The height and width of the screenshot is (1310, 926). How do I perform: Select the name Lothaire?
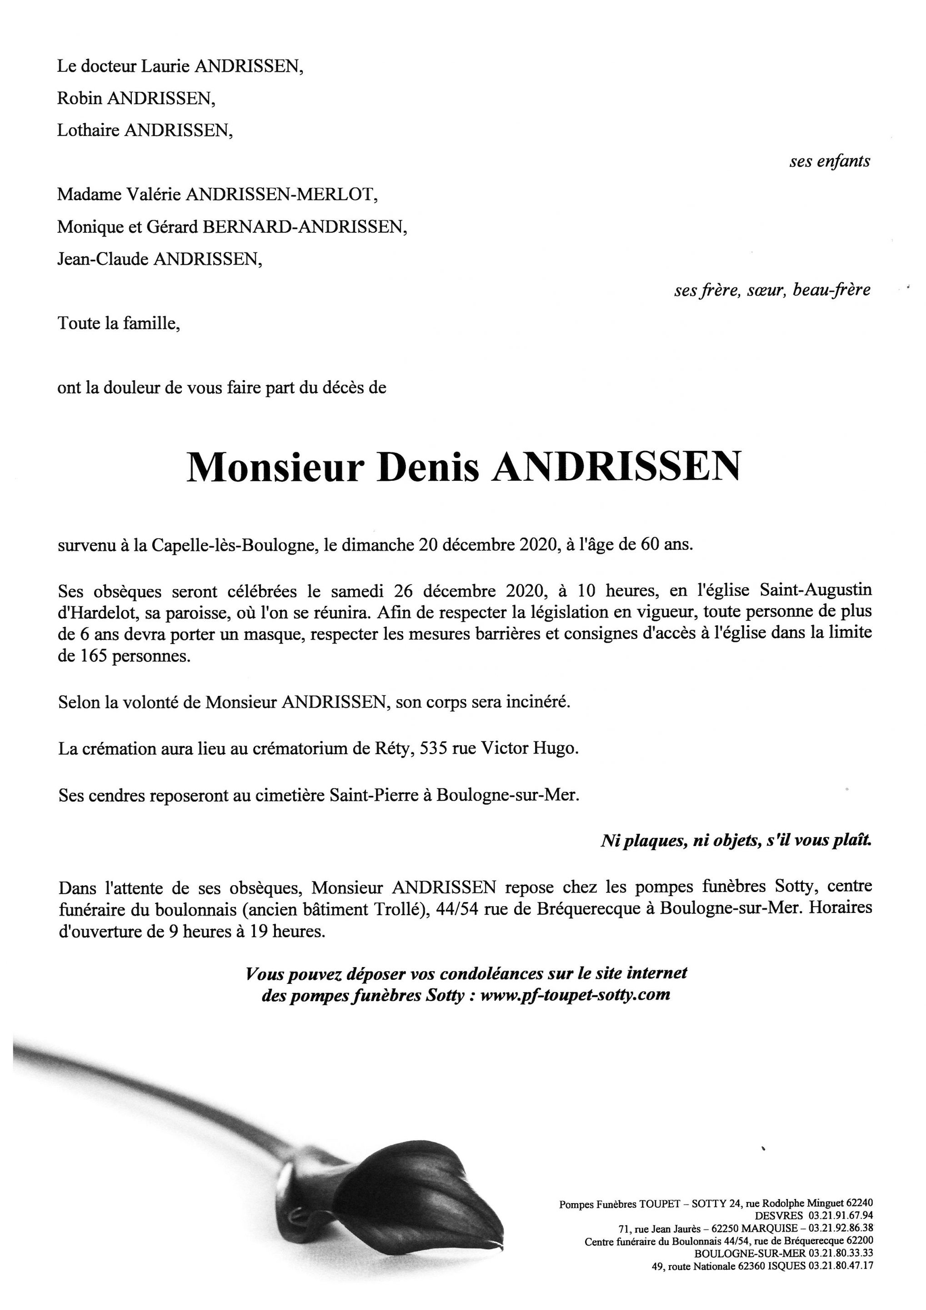click(x=88, y=131)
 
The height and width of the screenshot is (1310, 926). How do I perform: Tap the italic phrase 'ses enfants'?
click(x=830, y=161)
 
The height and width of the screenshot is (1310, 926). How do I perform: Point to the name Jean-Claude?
click(x=103, y=260)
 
